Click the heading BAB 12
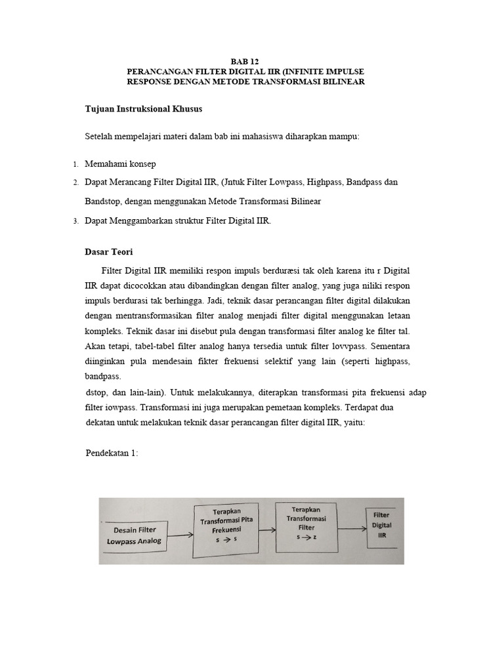pyautogui.click(x=252, y=58)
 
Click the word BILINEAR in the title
pyautogui.click(x=341, y=81)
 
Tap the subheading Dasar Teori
pyautogui.click(x=109, y=251)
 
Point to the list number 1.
pyautogui.click(x=75, y=164)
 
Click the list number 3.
pyautogui.click(x=75, y=221)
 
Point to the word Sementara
pyautogui.click(x=392, y=346)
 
